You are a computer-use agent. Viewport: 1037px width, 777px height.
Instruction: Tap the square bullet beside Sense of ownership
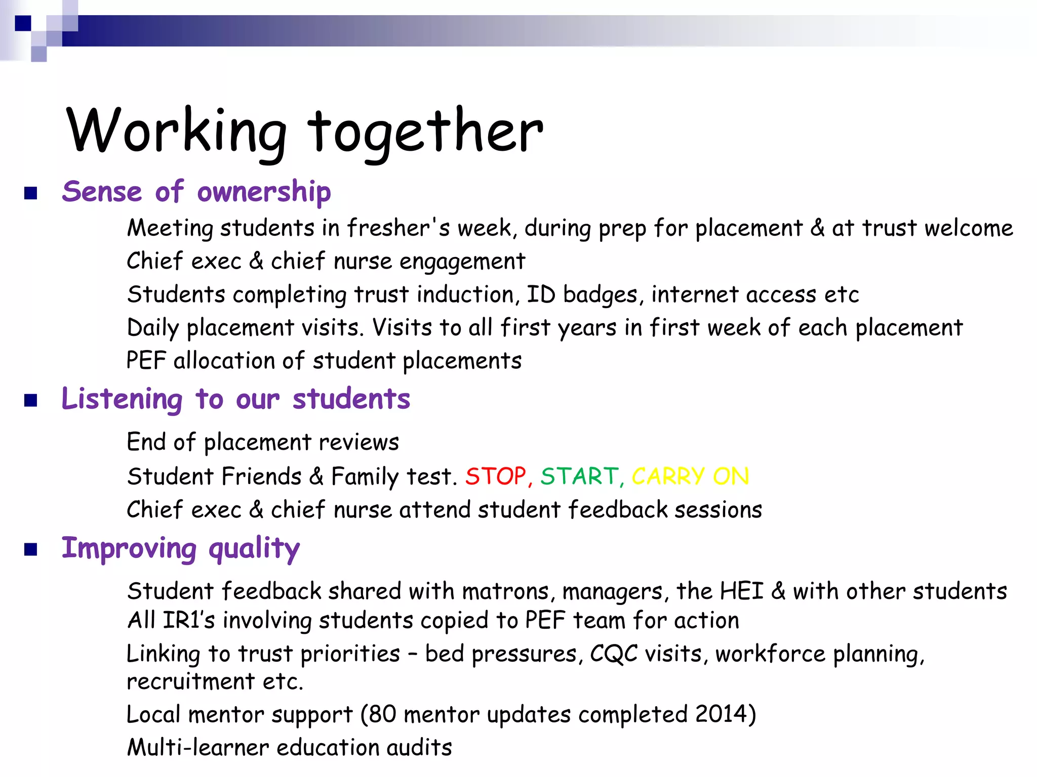pyautogui.click(x=31, y=193)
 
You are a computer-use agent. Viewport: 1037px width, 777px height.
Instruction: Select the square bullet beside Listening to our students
pyautogui.click(x=31, y=401)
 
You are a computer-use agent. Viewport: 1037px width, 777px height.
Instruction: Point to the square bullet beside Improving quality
pyautogui.click(x=31, y=549)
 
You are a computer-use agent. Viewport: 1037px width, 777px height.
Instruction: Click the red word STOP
pyautogui.click(x=496, y=477)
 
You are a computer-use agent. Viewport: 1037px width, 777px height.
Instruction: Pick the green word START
pyautogui.click(x=579, y=477)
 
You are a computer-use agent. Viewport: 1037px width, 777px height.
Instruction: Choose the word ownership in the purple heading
pyautogui.click(x=264, y=192)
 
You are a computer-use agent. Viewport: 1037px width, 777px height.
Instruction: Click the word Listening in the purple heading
pyautogui.click(x=122, y=400)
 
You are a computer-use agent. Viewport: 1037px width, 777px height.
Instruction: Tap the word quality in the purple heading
pyautogui.click(x=254, y=549)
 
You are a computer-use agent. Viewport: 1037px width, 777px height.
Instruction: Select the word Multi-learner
pyautogui.click(x=198, y=747)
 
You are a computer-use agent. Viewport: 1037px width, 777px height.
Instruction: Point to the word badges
pyautogui.click(x=600, y=295)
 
